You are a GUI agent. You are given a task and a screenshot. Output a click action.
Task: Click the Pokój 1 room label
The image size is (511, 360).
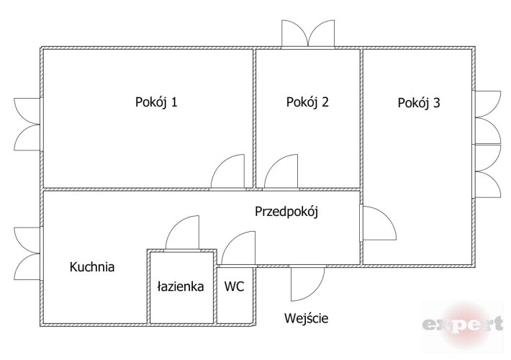click(156, 102)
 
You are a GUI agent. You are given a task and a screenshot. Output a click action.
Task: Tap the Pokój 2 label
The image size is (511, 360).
click(307, 102)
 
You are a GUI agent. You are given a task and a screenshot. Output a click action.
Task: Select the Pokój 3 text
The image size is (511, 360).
click(419, 103)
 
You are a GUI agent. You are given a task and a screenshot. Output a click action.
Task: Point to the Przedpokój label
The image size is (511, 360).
click(286, 212)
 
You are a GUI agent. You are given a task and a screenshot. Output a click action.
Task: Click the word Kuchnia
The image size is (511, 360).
click(92, 267)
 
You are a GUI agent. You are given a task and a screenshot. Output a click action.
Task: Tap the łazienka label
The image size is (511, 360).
click(181, 286)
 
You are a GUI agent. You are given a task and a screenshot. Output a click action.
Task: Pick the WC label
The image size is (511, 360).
click(235, 286)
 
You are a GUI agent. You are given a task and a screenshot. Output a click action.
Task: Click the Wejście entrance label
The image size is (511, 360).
click(311, 318)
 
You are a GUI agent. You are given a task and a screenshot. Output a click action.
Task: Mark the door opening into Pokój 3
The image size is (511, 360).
click(376, 223)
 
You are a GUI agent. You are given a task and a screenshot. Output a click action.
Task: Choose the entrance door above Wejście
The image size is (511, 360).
click(306, 282)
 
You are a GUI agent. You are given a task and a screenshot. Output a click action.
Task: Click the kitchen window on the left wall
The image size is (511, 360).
click(29, 253)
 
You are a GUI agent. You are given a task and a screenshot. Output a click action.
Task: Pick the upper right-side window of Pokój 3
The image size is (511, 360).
click(487, 117)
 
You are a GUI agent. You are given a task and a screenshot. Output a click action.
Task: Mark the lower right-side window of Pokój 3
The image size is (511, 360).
click(487, 171)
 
